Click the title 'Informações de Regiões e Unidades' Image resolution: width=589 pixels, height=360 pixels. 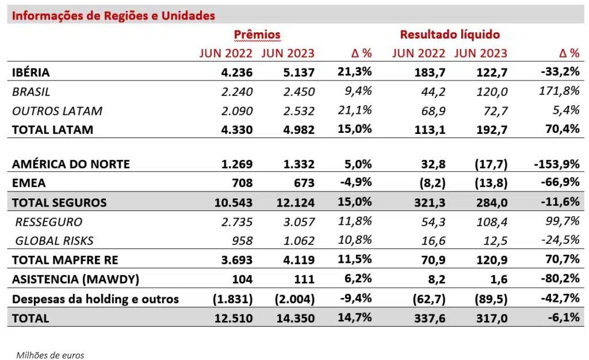click(113, 16)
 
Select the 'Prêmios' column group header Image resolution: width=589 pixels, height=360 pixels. click(257, 35)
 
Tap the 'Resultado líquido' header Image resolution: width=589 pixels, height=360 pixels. click(450, 35)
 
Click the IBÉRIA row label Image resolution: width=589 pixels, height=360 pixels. click(30, 72)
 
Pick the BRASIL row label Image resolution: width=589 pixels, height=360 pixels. click(31, 91)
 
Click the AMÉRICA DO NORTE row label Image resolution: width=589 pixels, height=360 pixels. click(71, 164)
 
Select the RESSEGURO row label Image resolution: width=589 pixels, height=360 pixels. click(49, 222)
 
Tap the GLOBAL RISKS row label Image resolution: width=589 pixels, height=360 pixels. click(54, 241)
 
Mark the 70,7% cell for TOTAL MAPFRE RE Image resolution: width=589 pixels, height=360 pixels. click(563, 259)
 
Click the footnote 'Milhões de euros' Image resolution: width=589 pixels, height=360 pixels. click(49, 355)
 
